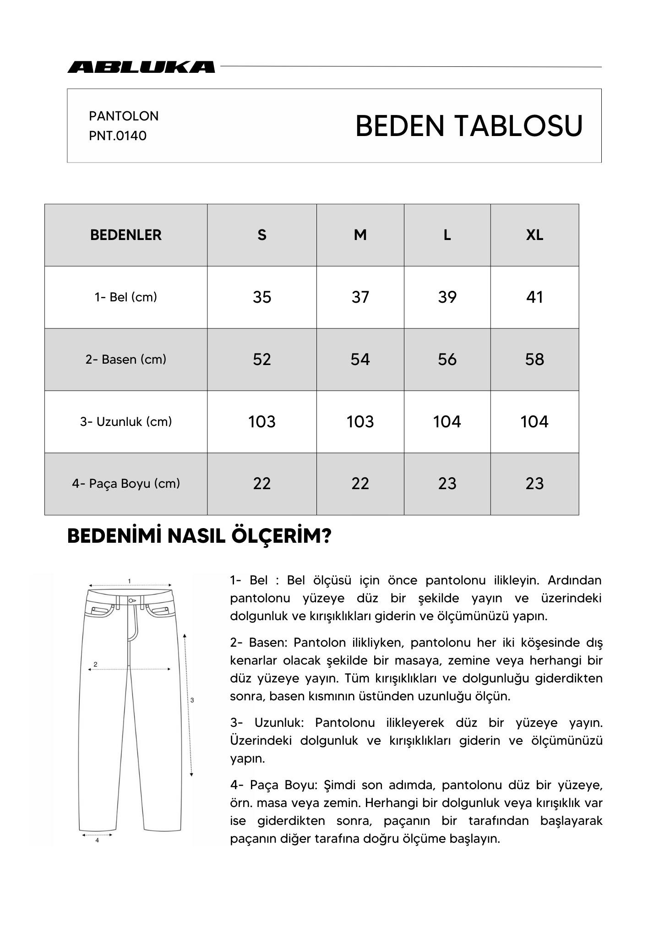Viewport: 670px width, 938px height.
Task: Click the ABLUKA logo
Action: click(141, 67)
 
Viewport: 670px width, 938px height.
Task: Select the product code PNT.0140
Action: click(118, 136)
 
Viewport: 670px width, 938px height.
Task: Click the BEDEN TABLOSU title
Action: click(468, 126)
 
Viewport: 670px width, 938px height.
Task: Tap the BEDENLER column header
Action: click(126, 235)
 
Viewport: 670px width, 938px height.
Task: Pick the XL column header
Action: click(534, 235)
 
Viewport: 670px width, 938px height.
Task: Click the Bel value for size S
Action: click(262, 297)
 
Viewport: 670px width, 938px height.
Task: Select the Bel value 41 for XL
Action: click(534, 297)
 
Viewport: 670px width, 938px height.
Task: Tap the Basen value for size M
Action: click(360, 360)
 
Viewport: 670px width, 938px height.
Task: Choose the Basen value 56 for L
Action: click(447, 360)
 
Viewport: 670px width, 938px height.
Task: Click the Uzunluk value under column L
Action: click(447, 422)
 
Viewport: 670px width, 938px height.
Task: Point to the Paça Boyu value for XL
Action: click(534, 484)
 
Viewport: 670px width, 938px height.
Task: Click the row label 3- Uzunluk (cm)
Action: click(126, 422)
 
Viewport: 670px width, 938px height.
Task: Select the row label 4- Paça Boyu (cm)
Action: click(126, 484)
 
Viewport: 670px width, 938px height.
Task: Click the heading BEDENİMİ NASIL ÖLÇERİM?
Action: click(199, 536)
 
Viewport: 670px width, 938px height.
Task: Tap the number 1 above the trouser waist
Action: click(130, 581)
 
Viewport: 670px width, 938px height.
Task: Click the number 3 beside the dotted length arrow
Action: click(192, 700)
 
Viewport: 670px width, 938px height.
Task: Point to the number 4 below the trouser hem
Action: click(97, 840)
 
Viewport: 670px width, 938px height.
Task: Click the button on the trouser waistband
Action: click(131, 600)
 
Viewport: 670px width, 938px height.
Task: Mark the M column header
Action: click(360, 235)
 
